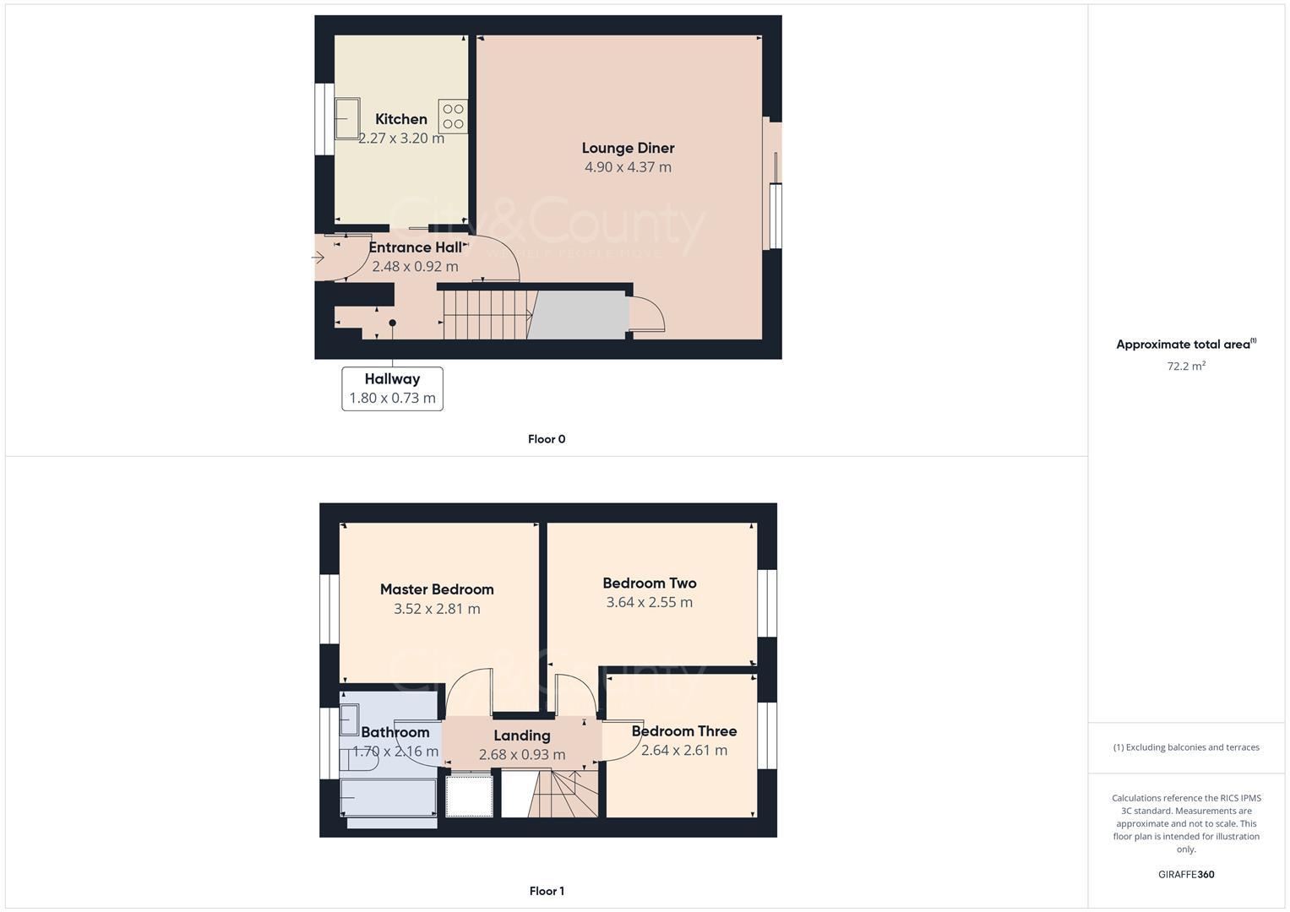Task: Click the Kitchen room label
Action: [401, 119]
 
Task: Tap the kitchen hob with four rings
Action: [453, 117]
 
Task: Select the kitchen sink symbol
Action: [347, 118]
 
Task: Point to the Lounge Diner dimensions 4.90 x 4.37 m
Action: [628, 167]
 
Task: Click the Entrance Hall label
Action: [415, 247]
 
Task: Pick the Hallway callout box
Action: [392, 388]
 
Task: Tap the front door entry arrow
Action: [318, 256]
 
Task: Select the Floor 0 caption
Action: [547, 439]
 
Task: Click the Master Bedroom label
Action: [437, 589]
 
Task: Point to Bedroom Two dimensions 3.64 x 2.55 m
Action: [649, 602]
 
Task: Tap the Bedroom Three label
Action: [684, 731]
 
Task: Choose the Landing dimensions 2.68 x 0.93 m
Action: [522, 755]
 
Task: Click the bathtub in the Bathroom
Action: [388, 797]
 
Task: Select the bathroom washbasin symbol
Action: [349, 719]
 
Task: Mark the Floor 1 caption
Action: [547, 891]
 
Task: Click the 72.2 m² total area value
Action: [1186, 366]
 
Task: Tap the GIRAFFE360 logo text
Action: [1186, 875]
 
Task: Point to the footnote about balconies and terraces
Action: [1186, 747]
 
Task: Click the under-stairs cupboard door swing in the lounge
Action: [647, 315]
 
